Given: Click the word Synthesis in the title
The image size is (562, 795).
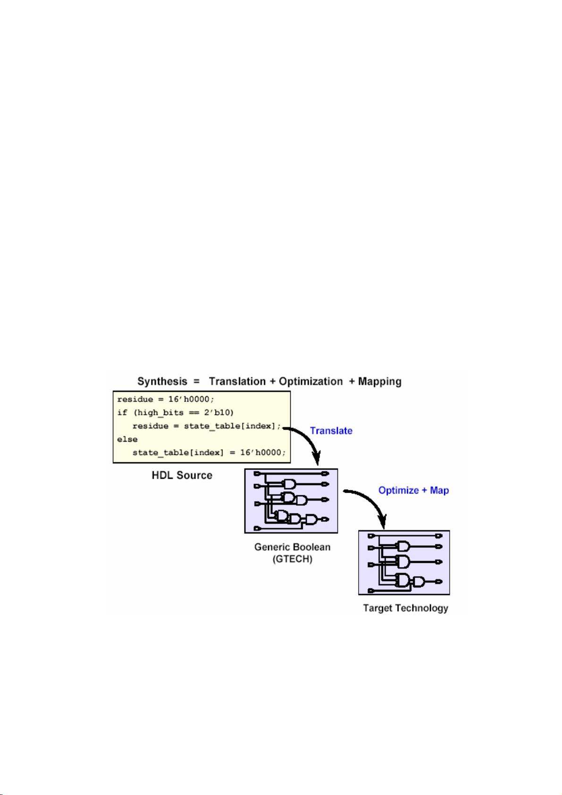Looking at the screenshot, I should tap(162, 381).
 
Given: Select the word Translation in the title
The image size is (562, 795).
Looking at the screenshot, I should tap(237, 381).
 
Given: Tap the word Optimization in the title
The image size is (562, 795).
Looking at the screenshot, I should tap(310, 381).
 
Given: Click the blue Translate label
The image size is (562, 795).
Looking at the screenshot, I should tap(331, 430).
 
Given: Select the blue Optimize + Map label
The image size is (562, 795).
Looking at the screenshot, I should tap(413, 490).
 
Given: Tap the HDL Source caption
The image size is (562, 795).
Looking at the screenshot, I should tap(182, 475).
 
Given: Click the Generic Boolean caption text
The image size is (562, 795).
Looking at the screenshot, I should tap(292, 547).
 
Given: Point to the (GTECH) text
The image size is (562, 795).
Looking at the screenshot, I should tap(292, 559).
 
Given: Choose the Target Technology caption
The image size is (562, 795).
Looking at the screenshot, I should tap(405, 608).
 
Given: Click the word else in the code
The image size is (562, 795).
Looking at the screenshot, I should tap(127, 439).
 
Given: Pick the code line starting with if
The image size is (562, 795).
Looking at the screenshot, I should tap(176, 413).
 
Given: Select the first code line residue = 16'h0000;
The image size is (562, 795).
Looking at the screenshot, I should tap(166, 399).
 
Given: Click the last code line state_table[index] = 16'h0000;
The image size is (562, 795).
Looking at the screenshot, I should tap(209, 452).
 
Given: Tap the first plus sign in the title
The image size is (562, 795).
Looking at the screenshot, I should tap(272, 381).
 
